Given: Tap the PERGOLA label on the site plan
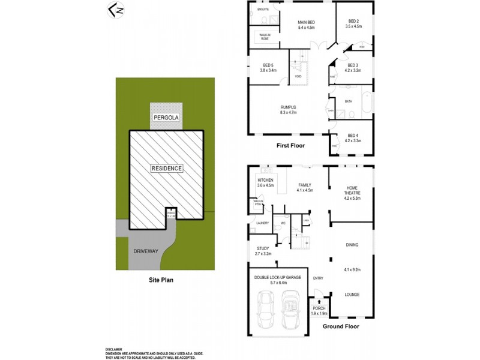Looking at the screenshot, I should (166, 116).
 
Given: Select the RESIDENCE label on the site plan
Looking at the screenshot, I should (166, 169).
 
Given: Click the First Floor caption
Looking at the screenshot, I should (290, 146).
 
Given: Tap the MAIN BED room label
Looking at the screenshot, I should (307, 23).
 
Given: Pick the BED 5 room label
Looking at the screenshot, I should (268, 67).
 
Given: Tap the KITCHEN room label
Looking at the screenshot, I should (265, 180).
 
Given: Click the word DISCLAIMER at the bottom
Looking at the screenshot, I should (113, 349).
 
